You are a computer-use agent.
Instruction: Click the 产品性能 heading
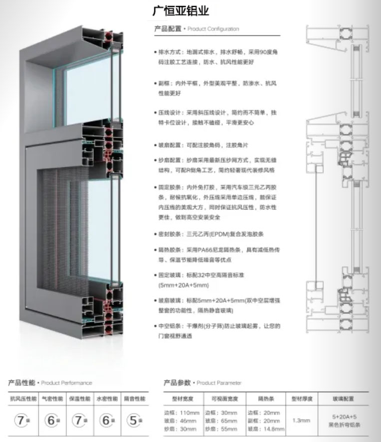[x=21, y=383]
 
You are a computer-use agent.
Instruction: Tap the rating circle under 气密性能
[x=52, y=421]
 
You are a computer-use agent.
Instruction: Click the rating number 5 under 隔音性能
[x=132, y=421]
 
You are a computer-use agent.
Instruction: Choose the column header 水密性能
[x=106, y=399]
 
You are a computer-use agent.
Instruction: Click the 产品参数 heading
[x=177, y=383]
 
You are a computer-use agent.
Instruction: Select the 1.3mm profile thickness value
[x=302, y=421]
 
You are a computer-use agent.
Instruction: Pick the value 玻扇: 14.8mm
[x=266, y=428]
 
